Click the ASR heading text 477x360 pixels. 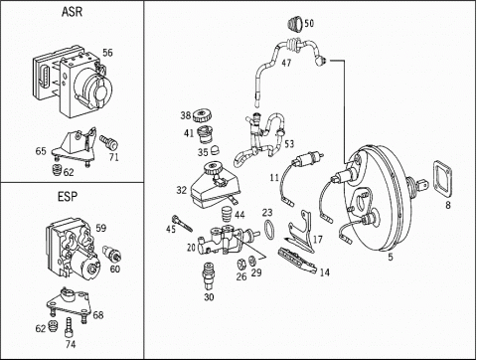tap(72, 12)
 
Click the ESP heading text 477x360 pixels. tap(68, 197)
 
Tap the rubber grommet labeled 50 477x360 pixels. tap(294, 24)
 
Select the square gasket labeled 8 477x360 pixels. tap(442, 179)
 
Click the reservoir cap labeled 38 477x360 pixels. tap(202, 116)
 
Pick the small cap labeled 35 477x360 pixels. tap(215, 149)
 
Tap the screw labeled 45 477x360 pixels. tap(182, 224)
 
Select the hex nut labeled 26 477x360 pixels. tap(242, 264)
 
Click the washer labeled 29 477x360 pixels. tap(252, 261)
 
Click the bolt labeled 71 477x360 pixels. tap(109, 142)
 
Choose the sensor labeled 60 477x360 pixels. tap(112, 254)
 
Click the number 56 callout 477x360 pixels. tap(107, 53)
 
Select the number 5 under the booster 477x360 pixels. tap(391, 257)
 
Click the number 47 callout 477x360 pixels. tap(286, 63)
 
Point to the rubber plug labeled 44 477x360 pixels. tap(227, 215)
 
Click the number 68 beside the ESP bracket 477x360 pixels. tap(98, 314)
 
